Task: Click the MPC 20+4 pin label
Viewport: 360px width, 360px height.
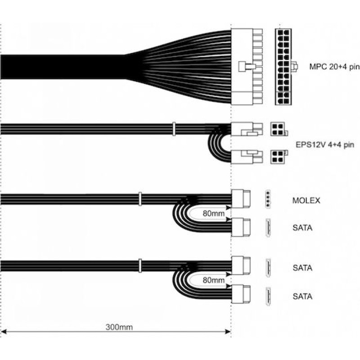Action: click(334, 67)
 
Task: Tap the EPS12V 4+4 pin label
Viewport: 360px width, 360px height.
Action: click(325, 145)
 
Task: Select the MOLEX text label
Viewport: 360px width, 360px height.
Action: click(306, 200)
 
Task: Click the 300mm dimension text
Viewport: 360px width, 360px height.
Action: click(119, 327)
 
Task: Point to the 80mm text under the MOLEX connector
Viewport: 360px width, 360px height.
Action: click(213, 213)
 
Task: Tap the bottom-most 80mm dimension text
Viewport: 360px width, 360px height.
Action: click(213, 280)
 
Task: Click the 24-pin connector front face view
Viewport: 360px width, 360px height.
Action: click(283, 67)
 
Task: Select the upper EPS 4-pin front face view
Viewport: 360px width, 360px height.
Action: click(279, 129)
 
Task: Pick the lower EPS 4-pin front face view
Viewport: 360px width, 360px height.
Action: click(279, 157)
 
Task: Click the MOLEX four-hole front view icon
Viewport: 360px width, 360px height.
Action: click(268, 199)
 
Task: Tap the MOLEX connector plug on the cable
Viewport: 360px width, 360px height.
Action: click(241, 198)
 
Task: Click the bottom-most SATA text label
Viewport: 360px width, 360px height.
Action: click(302, 297)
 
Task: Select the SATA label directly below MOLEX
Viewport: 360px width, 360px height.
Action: click(302, 228)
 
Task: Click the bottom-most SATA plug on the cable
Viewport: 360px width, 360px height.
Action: click(241, 294)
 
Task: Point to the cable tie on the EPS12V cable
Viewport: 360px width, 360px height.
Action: click(174, 129)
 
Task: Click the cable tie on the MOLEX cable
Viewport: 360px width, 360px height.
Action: click(140, 199)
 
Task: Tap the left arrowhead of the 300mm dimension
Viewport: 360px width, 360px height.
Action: click(4, 332)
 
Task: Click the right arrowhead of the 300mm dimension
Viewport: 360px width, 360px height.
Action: click(228, 332)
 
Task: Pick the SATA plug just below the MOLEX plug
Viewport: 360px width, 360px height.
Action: click(241, 227)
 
